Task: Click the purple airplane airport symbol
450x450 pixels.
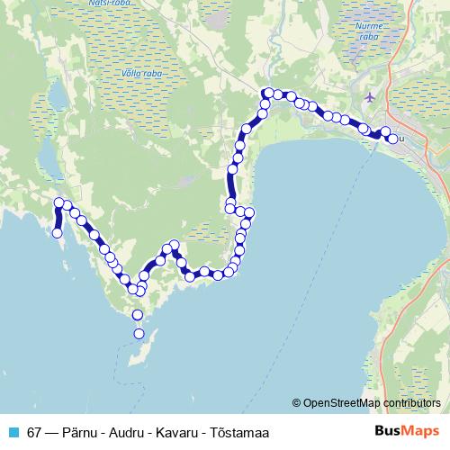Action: coord(371,96)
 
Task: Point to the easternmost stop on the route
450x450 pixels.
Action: coord(392,139)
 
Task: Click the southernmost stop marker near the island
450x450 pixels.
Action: coord(139,334)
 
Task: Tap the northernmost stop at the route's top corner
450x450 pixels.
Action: coord(267,93)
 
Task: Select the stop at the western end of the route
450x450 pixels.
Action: coord(58,233)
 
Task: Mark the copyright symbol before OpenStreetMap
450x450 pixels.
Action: coord(297,402)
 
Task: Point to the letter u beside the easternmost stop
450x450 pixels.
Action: coord(402,138)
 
